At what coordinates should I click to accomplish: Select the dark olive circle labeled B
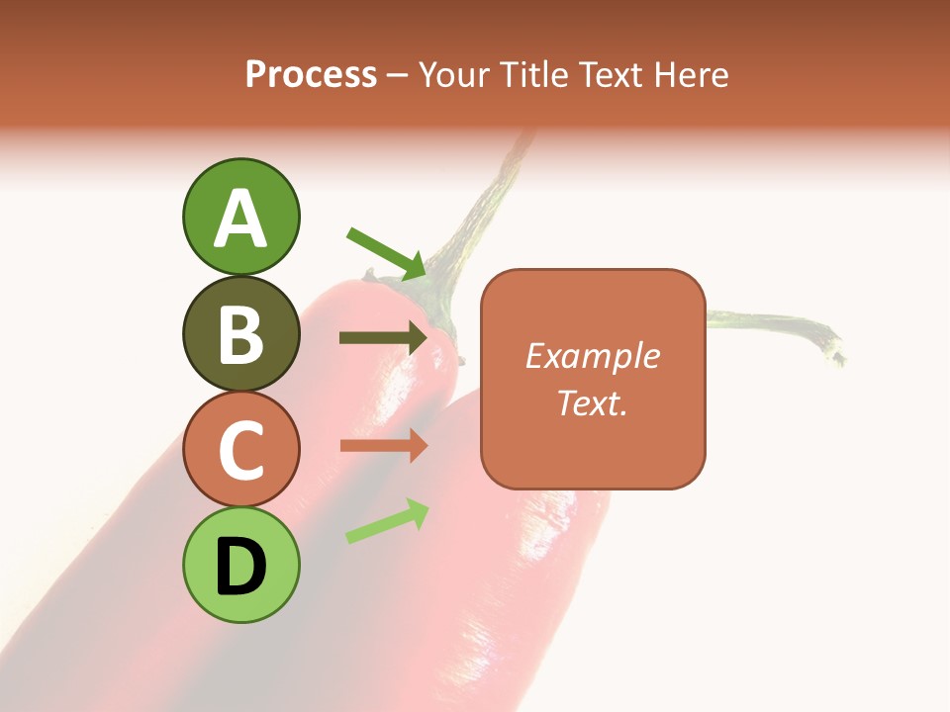click(240, 334)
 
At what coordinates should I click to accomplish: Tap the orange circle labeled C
click(240, 450)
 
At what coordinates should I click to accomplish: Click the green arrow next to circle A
click(387, 253)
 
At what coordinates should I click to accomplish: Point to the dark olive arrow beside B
click(384, 338)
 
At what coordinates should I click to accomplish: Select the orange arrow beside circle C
click(384, 446)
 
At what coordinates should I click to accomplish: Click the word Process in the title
click(311, 74)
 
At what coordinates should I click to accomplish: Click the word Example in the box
click(592, 356)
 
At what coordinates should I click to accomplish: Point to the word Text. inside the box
click(592, 402)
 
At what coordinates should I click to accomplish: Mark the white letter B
click(240, 334)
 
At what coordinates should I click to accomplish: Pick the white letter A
click(240, 218)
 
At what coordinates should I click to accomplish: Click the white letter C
click(240, 450)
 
